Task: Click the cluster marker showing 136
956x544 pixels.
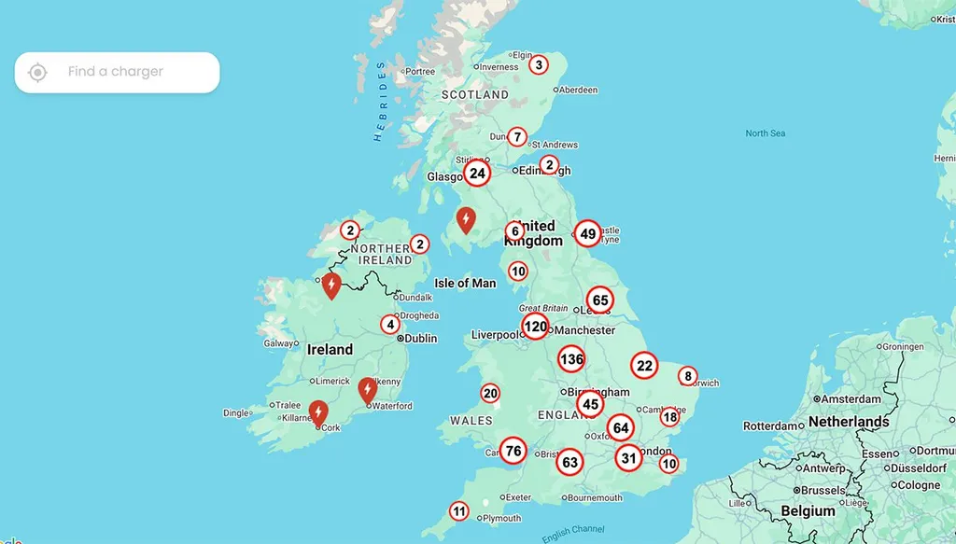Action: click(571, 358)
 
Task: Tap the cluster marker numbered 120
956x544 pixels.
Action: click(535, 327)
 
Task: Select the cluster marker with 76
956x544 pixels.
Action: click(513, 452)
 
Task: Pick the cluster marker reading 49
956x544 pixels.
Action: click(587, 233)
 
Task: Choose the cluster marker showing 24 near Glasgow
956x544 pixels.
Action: click(477, 174)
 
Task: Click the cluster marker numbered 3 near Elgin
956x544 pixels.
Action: click(538, 64)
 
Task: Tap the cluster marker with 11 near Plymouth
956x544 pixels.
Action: click(458, 511)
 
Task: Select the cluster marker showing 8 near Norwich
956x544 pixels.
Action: click(688, 376)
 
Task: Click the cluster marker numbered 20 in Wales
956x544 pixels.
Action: click(490, 393)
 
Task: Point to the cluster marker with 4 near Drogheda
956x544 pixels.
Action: click(390, 325)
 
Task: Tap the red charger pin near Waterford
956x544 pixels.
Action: click(368, 390)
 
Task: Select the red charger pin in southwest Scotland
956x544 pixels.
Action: click(465, 219)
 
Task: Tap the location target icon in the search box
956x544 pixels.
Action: click(37, 72)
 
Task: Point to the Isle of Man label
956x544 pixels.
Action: click(465, 283)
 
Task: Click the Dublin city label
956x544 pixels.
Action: click(420, 339)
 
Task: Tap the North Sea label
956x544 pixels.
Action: click(765, 133)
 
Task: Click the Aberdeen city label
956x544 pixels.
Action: click(579, 91)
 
